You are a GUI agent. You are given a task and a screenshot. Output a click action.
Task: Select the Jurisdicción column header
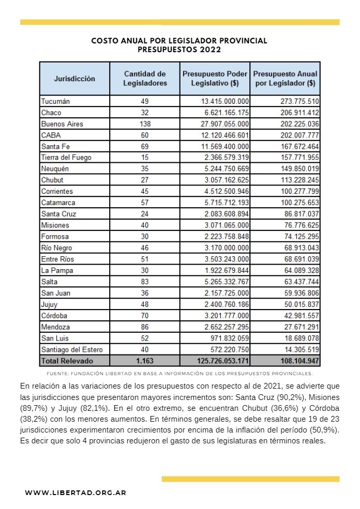(x=74, y=79)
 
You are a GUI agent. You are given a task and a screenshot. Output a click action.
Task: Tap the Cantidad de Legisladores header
(x=145, y=79)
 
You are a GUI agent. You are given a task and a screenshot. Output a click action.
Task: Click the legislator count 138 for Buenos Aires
(x=145, y=124)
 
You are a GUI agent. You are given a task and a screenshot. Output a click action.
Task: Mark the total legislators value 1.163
(x=145, y=361)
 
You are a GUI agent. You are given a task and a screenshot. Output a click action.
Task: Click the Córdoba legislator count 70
(x=145, y=316)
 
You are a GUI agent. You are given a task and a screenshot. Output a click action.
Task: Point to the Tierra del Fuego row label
(x=66, y=158)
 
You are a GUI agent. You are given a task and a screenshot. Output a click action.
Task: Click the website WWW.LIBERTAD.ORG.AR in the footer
(x=76, y=493)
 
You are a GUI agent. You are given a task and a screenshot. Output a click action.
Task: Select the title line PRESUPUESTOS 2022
(x=179, y=50)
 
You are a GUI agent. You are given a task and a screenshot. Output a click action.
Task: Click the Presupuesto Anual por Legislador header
(x=285, y=79)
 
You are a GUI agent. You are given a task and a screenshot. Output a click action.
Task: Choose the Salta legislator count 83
(x=145, y=282)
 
